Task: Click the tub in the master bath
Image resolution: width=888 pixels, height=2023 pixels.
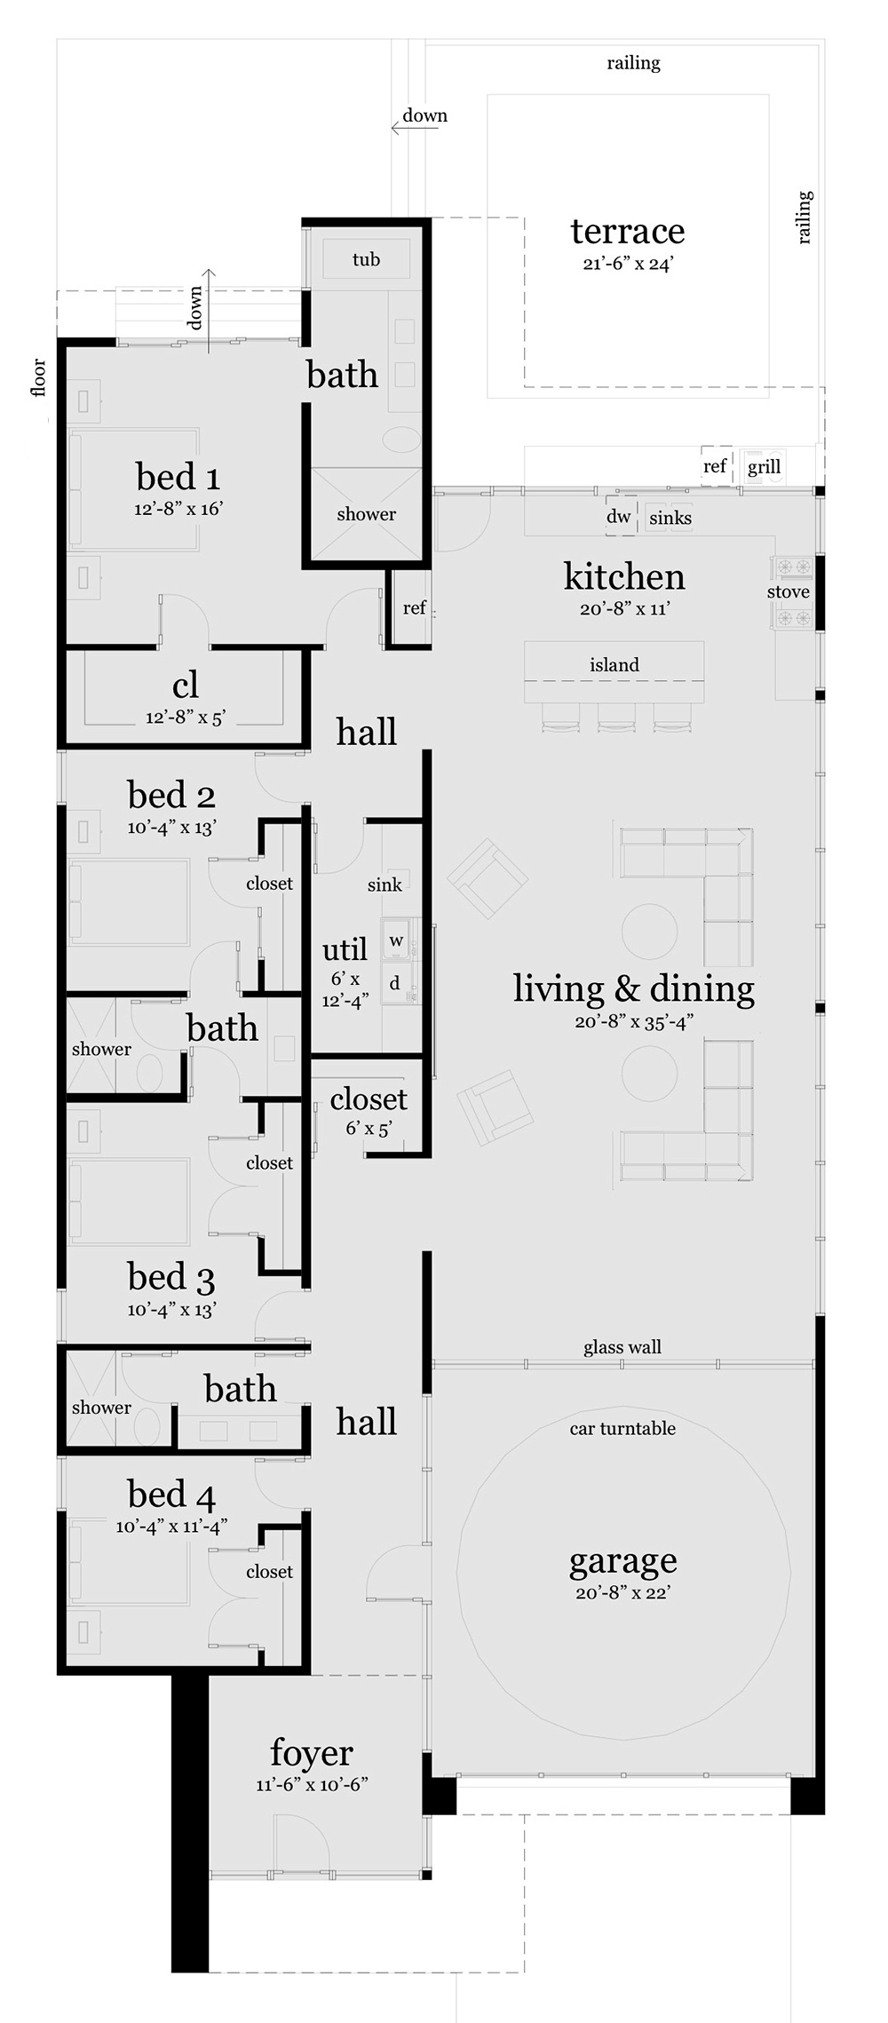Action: click(366, 259)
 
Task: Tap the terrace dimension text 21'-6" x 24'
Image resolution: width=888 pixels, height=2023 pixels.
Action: click(628, 264)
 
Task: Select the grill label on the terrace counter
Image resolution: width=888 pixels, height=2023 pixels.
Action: click(764, 466)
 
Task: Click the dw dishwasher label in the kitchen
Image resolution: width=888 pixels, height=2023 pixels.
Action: click(619, 517)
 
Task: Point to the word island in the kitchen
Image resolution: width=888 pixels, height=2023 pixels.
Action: click(614, 664)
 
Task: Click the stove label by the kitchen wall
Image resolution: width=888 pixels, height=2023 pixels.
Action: click(788, 591)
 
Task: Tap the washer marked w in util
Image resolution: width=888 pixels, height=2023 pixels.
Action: click(396, 940)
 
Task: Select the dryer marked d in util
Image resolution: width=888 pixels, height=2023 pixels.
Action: click(395, 983)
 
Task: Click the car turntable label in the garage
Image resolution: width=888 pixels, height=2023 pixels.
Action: click(622, 1428)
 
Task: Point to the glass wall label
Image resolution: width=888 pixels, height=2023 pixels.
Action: click(622, 1347)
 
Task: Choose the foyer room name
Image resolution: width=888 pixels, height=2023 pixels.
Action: click(312, 1752)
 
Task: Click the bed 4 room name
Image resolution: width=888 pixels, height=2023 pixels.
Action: click(171, 1495)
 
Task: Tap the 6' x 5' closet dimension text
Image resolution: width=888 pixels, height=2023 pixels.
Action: click(369, 1128)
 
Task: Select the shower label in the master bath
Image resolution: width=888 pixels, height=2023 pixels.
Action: click(366, 513)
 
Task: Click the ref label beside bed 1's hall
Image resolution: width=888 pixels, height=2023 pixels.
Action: click(414, 607)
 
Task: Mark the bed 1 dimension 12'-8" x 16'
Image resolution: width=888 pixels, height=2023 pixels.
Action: click(178, 509)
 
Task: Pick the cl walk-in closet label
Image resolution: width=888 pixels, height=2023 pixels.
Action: click(186, 685)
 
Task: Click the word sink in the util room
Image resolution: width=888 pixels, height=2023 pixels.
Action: click(385, 885)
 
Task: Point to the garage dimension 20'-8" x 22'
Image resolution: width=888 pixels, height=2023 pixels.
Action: click(622, 1592)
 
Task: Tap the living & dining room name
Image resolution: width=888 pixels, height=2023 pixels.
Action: click(634, 988)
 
